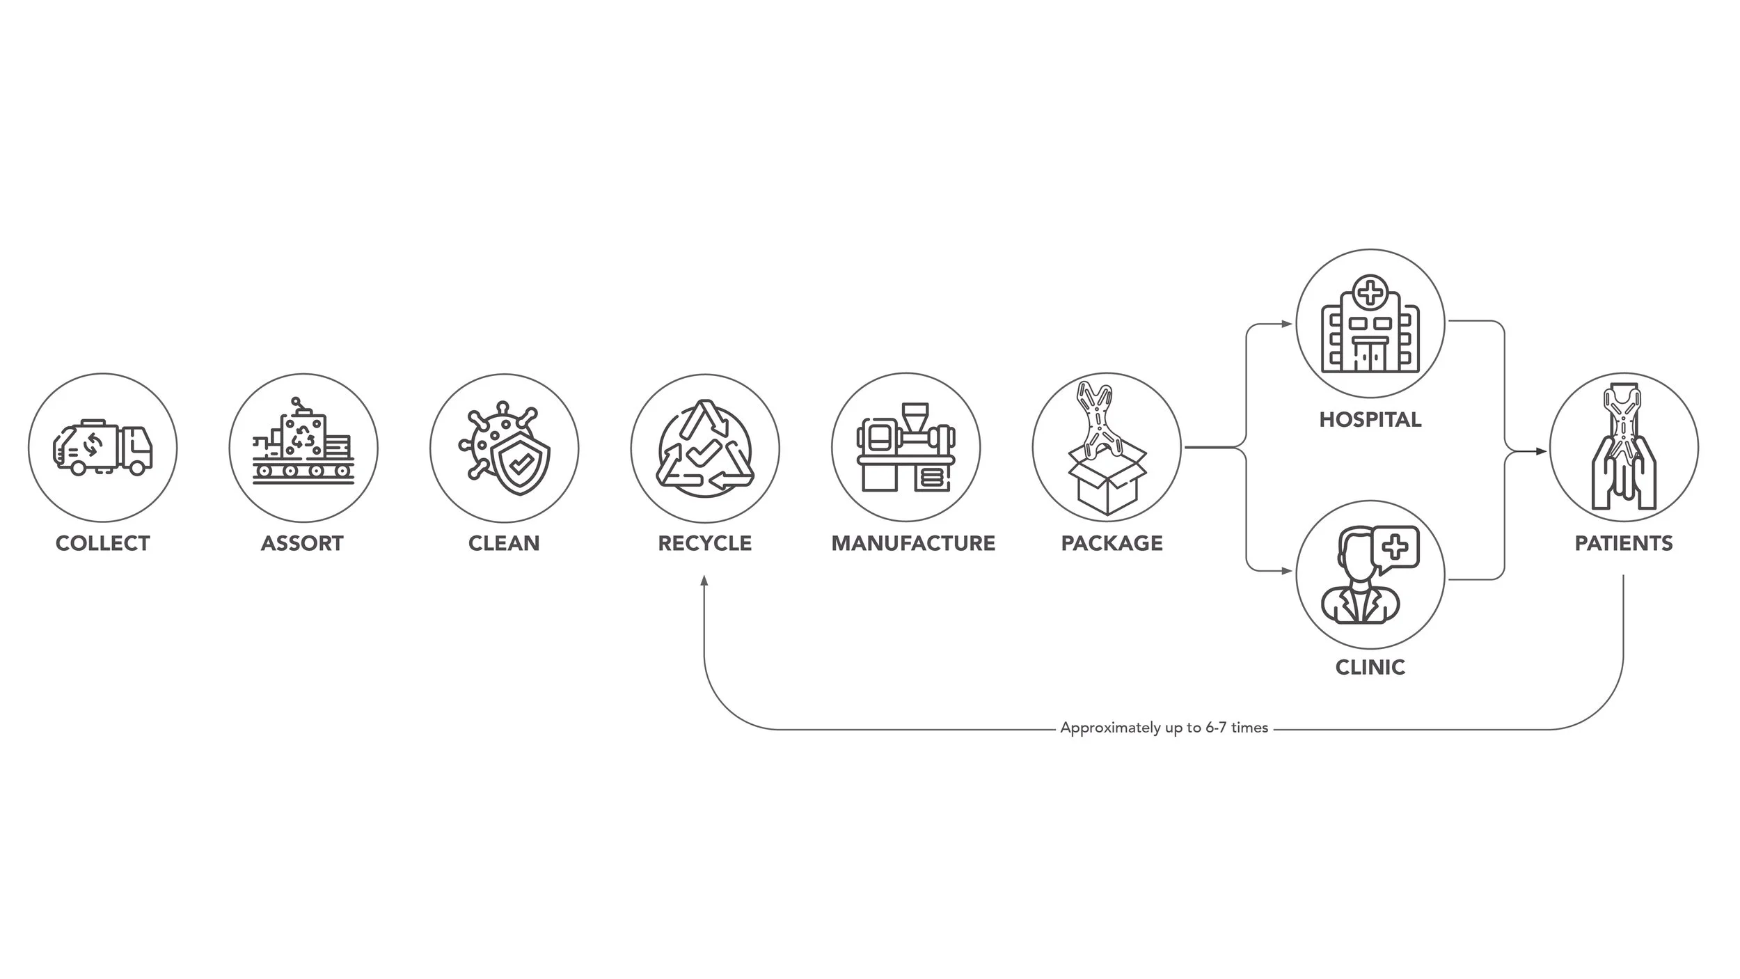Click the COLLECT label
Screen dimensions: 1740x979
(103, 543)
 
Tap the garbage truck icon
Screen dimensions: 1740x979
(103, 448)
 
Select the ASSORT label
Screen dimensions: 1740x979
(302, 543)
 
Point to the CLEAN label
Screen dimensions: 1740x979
(504, 543)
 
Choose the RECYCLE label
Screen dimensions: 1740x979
(705, 543)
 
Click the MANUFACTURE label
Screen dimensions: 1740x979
(913, 543)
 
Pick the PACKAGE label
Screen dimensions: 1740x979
(1112, 543)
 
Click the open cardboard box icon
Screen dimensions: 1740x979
(1107, 480)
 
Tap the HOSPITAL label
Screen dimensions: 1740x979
(1370, 420)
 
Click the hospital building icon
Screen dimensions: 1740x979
(1370, 324)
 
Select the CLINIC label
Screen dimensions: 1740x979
(1370, 667)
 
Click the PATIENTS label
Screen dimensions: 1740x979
(1624, 543)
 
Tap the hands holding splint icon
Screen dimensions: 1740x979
(1624, 448)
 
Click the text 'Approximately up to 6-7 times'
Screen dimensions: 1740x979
(1164, 728)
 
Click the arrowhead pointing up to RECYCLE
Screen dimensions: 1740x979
(704, 581)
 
